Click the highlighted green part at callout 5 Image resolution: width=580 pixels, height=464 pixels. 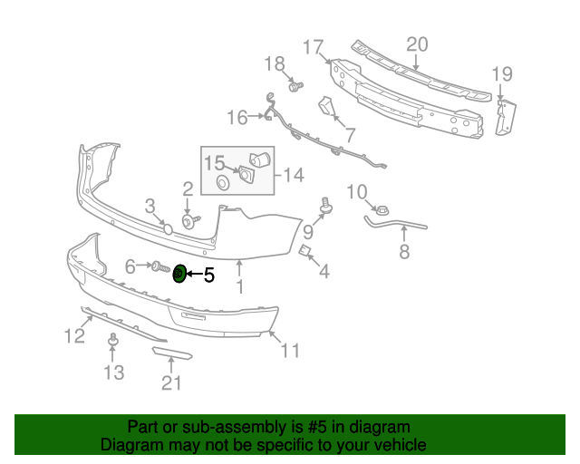click(x=179, y=273)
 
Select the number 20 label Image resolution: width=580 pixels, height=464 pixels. click(x=417, y=45)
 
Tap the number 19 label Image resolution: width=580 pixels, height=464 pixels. click(x=502, y=74)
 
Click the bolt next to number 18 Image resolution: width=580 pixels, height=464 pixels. click(x=295, y=86)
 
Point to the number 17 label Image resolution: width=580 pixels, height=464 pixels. click(x=313, y=46)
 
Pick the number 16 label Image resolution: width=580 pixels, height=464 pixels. click(x=237, y=117)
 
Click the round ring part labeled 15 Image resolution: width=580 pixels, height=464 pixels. click(x=222, y=184)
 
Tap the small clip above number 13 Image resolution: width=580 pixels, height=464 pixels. click(x=113, y=339)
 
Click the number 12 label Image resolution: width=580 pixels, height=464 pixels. click(x=73, y=336)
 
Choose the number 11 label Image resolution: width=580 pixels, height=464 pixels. click(x=289, y=351)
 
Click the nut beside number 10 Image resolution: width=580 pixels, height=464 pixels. click(x=382, y=208)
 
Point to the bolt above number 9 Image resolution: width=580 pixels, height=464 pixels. click(x=324, y=203)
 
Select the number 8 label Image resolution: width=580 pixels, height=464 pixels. click(x=404, y=251)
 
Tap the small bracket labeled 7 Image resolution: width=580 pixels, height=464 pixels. click(x=326, y=108)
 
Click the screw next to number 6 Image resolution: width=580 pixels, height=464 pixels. click(x=159, y=266)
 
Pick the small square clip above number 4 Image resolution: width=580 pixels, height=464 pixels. click(x=305, y=251)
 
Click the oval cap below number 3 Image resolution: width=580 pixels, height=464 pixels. click(x=168, y=228)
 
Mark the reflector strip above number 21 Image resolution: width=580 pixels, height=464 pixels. click(x=172, y=353)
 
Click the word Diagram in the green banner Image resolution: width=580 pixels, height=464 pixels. click(x=131, y=445)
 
